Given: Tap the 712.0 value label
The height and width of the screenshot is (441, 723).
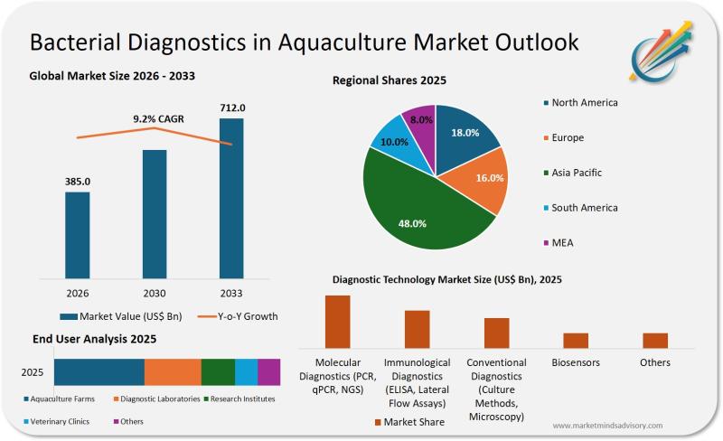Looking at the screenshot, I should click(x=232, y=108).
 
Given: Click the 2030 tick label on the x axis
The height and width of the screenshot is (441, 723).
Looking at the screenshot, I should click(x=155, y=293).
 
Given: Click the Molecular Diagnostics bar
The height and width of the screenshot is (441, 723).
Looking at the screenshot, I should click(x=337, y=321).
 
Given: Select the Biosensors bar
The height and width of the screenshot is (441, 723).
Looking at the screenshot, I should click(x=576, y=340).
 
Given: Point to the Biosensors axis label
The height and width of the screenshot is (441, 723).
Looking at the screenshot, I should click(x=576, y=362).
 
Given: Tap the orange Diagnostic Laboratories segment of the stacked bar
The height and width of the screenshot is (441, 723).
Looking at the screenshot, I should click(x=173, y=372).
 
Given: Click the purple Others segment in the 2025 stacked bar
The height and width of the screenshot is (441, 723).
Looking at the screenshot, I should click(x=269, y=372).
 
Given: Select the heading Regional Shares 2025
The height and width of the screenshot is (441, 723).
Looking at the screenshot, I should click(x=390, y=80).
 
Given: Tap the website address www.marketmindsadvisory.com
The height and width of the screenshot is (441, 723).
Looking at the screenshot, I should click(x=606, y=425).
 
